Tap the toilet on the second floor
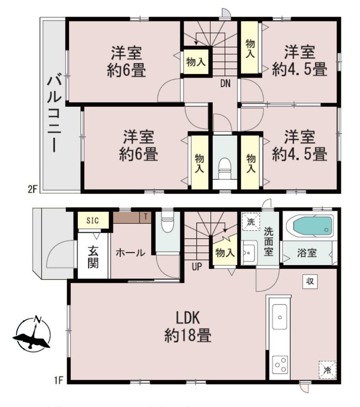tap(225, 168)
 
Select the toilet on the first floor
tap(167, 223)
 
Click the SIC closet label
tap(92, 221)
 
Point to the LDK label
tap(188, 318)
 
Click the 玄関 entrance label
tap(93, 258)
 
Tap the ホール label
tap(130, 253)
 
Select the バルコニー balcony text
tap(54, 113)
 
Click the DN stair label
tap(225, 84)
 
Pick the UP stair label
tap(197, 266)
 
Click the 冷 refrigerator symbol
tap(327, 370)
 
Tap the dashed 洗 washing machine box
tap(251, 222)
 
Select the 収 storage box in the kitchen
tap(310, 281)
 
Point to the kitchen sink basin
tap(280, 316)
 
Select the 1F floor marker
tap(59, 380)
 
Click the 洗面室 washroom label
tap(269, 242)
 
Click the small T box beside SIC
tap(146, 217)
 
